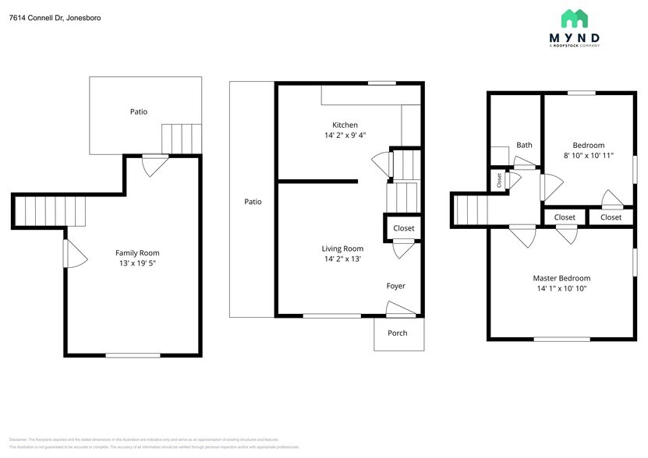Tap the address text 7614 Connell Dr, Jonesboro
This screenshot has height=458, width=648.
(55, 17)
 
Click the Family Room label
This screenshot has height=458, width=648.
(137, 252)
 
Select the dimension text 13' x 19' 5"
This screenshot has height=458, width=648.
(137, 263)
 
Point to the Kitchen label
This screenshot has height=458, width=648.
(345, 125)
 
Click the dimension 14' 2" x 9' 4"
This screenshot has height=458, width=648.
(345, 136)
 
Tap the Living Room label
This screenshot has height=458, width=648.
(342, 248)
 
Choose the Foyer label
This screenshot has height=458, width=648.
(396, 286)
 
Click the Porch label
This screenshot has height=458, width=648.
(398, 333)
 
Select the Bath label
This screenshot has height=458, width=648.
(524, 145)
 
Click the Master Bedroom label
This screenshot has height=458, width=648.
(561, 278)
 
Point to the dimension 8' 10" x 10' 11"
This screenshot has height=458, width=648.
(589, 156)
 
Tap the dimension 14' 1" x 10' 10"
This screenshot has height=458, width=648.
(561, 289)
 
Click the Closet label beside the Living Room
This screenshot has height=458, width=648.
(404, 228)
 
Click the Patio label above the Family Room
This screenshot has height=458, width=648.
(138, 111)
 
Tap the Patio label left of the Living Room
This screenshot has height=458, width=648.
(253, 202)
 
